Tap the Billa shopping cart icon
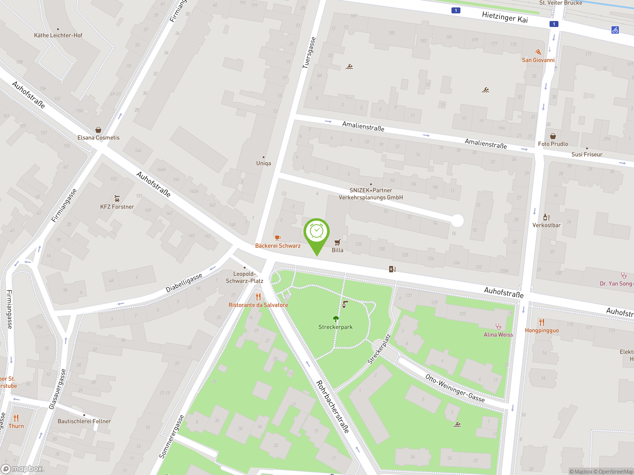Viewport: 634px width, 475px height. [x=337, y=242]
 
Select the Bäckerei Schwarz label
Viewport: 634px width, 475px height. [x=278, y=246]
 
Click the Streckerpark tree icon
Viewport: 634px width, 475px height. [x=336, y=319]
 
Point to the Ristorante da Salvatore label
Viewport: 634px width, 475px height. [x=258, y=305]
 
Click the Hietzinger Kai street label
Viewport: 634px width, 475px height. [x=505, y=17]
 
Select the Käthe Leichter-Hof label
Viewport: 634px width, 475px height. [x=58, y=35]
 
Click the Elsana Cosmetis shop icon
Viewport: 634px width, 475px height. [x=98, y=130]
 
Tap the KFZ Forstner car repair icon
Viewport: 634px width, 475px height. [x=117, y=198]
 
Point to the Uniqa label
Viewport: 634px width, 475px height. [x=264, y=163]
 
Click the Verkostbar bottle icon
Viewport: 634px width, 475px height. [x=546, y=217]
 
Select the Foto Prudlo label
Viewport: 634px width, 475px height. [x=553, y=144]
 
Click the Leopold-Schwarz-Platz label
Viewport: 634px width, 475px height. [x=244, y=277]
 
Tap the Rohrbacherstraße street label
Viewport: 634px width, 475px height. [x=332, y=406]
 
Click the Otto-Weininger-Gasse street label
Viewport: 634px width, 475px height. [x=455, y=388]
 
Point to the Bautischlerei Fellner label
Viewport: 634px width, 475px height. [x=84, y=421]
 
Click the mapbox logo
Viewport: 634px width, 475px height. [x=22, y=469]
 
